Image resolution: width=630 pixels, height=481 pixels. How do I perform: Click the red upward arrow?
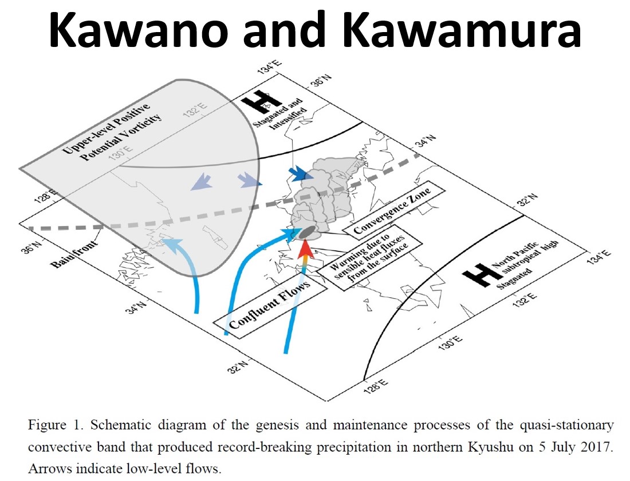click(306, 251)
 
